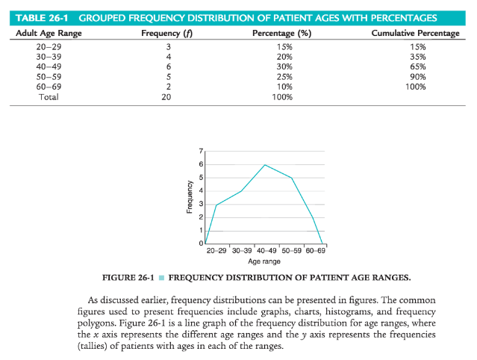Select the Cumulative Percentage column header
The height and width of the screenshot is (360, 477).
click(415, 34)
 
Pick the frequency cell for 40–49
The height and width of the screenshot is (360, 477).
click(169, 66)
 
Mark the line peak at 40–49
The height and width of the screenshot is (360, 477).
click(264, 164)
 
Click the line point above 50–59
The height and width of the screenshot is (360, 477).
click(291, 178)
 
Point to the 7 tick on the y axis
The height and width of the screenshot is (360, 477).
click(200, 151)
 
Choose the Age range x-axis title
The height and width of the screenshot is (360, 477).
click(264, 261)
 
